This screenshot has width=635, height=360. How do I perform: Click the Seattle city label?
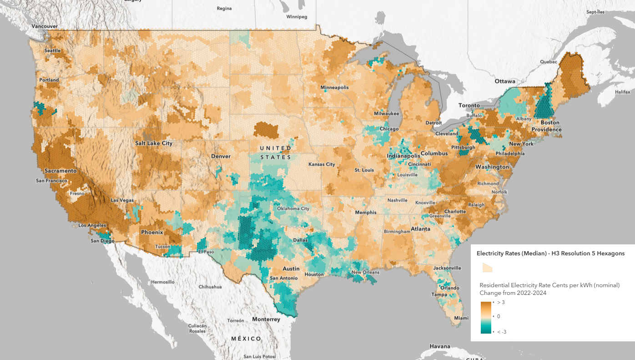pos(52,51)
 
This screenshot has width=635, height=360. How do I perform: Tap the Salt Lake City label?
pos(154,143)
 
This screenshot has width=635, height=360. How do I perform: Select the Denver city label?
pos(221,157)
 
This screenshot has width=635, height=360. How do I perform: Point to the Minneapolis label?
pos(334,87)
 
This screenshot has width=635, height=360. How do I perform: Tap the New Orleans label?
pos(365,273)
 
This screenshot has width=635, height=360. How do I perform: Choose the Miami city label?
pos(461,318)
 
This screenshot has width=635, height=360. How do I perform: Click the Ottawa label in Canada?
pos(505,81)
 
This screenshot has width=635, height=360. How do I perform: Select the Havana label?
pos(440,346)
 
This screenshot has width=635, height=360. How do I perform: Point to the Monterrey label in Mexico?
pos(266,319)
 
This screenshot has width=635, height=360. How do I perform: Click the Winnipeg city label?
pos(297,17)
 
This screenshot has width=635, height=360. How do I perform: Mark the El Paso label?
pos(205,252)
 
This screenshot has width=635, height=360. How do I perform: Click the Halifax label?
pos(623,92)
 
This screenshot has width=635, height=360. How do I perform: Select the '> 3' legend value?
pos(501,302)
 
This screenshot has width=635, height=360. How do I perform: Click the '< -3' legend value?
pos(501,332)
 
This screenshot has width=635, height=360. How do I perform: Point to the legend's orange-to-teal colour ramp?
pos(485,317)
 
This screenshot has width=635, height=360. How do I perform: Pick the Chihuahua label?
pos(210,287)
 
